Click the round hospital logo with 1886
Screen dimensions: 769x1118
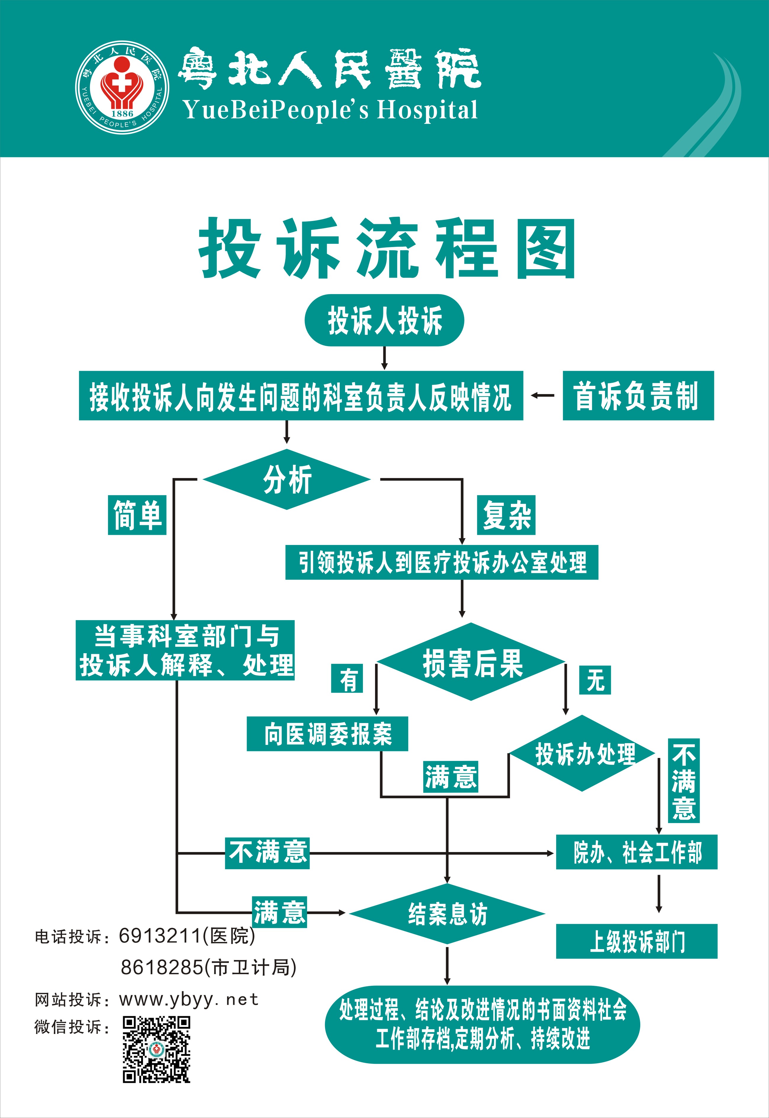point(122,87)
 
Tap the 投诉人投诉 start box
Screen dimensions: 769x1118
point(384,320)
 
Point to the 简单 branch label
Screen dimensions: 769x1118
point(137,515)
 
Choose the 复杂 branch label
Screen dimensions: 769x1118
point(506,515)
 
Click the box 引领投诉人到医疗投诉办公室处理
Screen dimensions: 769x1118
point(442,562)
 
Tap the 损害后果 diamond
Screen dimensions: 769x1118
point(471,662)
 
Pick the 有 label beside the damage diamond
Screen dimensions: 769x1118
point(347,678)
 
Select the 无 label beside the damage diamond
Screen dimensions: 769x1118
point(595,680)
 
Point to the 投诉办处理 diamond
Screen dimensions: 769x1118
point(582,753)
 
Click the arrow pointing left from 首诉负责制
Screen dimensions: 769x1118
point(543,396)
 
